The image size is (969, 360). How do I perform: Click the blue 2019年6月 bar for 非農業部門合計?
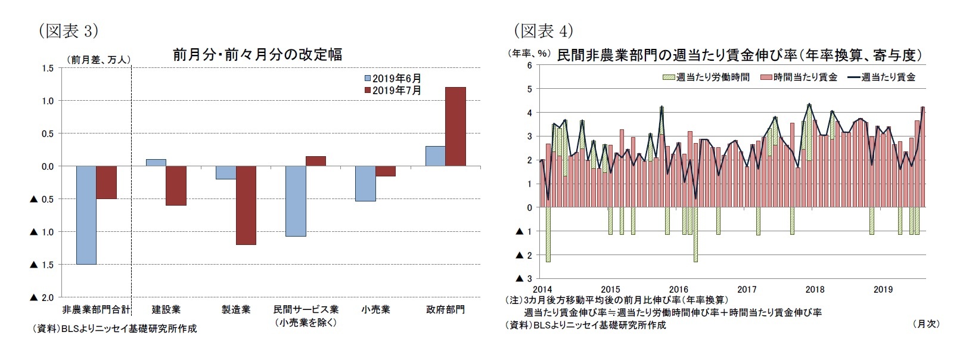pyautogui.click(x=86, y=215)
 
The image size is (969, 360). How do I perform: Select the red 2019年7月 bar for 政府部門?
pyautogui.click(x=455, y=126)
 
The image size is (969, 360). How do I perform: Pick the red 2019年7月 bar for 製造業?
pyautogui.click(x=246, y=205)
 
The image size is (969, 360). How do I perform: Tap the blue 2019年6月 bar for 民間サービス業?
pyautogui.click(x=296, y=201)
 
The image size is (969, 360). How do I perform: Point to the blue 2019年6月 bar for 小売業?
pyautogui.click(x=365, y=184)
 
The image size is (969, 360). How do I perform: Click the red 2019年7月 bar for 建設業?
pyautogui.click(x=176, y=185)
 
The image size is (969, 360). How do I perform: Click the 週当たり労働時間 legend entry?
pyautogui.click(x=706, y=77)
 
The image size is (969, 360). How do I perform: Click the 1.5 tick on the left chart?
pyautogui.click(x=48, y=69)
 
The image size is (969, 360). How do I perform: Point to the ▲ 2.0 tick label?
pyautogui.click(x=42, y=297)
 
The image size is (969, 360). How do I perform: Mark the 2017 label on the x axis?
pyautogui.click(x=747, y=290)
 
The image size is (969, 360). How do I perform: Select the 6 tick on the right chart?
pyautogui.click(x=529, y=66)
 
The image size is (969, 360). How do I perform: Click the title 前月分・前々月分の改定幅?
pyautogui.click(x=257, y=55)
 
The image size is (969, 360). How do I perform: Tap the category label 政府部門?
pyautogui.click(x=445, y=310)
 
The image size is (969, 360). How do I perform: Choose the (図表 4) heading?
pyautogui.click(x=543, y=30)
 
